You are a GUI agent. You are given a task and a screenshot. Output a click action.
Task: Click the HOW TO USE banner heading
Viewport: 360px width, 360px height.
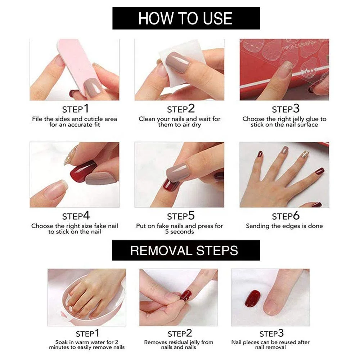tap(186, 18)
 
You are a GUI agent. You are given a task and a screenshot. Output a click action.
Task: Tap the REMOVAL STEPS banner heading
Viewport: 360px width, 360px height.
tap(184, 250)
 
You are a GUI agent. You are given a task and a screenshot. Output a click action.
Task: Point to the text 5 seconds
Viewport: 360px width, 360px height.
tap(179, 232)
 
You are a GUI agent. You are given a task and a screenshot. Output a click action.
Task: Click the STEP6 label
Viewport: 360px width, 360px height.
tap(285, 216)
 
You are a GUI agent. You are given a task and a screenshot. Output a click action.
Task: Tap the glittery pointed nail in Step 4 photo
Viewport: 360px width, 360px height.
tap(71, 155)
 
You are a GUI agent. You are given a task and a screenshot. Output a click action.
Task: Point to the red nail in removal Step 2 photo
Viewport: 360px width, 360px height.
tap(186, 296)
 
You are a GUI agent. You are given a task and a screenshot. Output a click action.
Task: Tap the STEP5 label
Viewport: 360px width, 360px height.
tap(181, 216)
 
